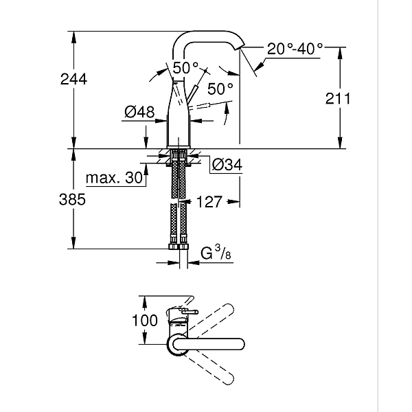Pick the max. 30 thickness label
click(x=113, y=179)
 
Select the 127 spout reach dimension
click(x=209, y=202)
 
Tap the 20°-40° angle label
click(x=295, y=49)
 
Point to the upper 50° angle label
click(x=185, y=68)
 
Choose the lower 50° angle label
click(x=220, y=89)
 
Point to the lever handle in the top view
click(x=185, y=312)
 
